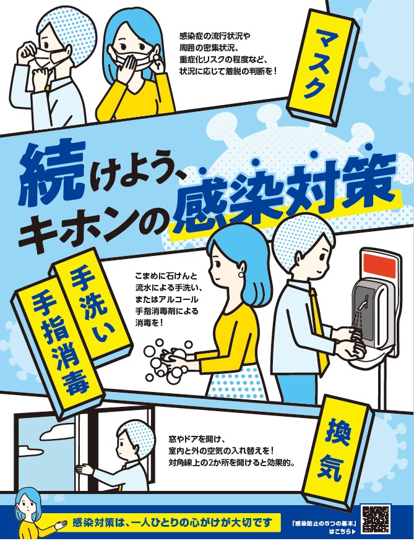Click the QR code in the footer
(x=375, y=519)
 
